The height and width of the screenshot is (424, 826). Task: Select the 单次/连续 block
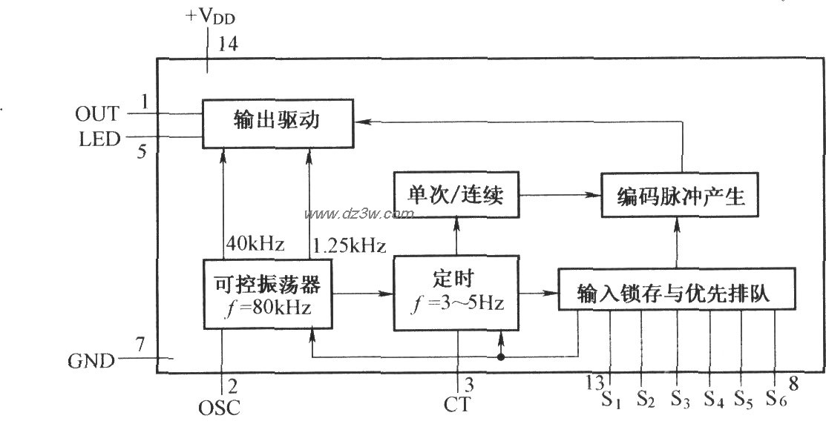[x=456, y=196]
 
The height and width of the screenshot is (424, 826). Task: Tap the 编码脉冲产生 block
[x=679, y=198]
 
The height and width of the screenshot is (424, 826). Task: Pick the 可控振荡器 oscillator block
[x=268, y=294]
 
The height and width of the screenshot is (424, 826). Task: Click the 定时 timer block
[x=456, y=293]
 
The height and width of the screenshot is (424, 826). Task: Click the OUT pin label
[x=96, y=113]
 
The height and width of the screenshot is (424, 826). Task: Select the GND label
[x=92, y=361]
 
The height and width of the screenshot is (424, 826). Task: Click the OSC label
[x=220, y=407]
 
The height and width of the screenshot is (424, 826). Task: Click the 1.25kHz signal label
[x=350, y=245]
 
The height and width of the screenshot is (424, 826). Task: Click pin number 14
[x=228, y=44]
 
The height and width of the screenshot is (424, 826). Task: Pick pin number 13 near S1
[x=597, y=383]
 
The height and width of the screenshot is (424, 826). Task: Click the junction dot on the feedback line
[x=502, y=357]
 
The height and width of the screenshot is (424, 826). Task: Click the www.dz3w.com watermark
[x=358, y=214]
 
